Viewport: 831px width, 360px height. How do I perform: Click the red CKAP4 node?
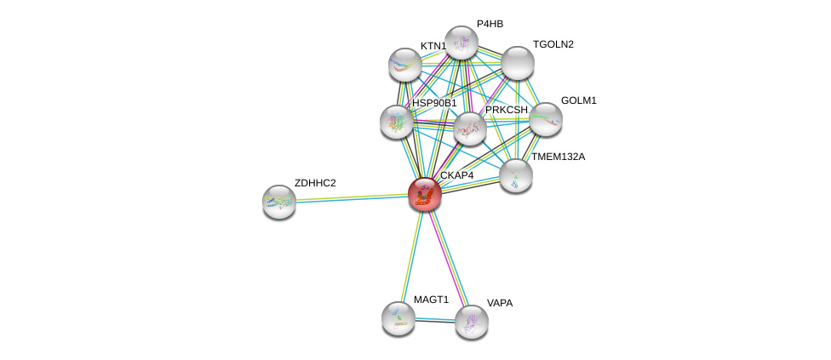tap(424, 194)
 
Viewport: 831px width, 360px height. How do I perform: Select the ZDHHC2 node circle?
tap(278, 202)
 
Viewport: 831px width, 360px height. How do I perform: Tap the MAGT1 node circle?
tap(398, 317)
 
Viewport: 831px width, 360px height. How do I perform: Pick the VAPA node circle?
tap(471, 321)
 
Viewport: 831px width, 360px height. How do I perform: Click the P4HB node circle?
tap(461, 43)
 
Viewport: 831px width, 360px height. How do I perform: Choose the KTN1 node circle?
tap(405, 64)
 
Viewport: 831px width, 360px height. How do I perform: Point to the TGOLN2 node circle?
tap(517, 62)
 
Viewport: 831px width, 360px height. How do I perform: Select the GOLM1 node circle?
tap(546, 119)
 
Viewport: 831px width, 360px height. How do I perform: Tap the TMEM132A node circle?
tap(515, 175)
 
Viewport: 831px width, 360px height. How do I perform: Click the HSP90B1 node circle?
tap(397, 122)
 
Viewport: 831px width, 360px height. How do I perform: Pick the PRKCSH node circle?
tap(469, 129)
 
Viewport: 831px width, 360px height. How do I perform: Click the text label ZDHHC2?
tap(315, 183)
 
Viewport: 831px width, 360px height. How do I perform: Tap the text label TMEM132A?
tap(558, 157)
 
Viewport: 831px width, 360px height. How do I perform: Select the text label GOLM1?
tap(579, 100)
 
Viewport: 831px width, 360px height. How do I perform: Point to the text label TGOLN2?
tap(553, 44)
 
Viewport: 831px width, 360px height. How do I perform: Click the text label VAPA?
tap(500, 303)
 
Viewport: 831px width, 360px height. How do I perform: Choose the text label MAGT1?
tap(431, 300)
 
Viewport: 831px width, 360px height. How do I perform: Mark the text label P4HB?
tap(490, 24)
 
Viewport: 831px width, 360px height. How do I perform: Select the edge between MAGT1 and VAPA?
tap(434, 319)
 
